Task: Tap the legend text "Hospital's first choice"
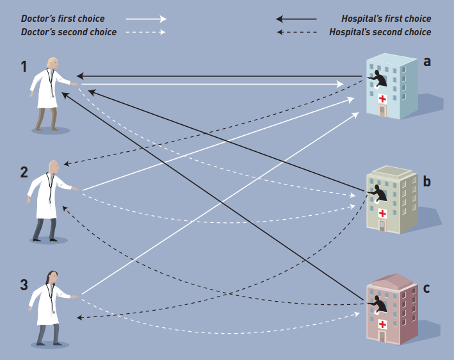pyautogui.click(x=386, y=19)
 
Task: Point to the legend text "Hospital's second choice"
pyautogui.click(x=380, y=31)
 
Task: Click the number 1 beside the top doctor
pyautogui.click(x=24, y=66)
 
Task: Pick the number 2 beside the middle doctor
pyautogui.click(x=24, y=172)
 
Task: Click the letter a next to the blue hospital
pyautogui.click(x=427, y=61)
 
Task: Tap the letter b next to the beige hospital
pyautogui.click(x=426, y=181)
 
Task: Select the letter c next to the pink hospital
pyautogui.click(x=426, y=288)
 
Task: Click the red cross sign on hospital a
pyautogui.click(x=383, y=99)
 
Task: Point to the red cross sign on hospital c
pyautogui.click(x=382, y=324)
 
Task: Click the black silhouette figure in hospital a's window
pyautogui.click(x=378, y=78)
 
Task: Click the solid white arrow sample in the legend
pyautogui.click(x=145, y=19)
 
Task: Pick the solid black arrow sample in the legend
pyautogui.click(x=296, y=19)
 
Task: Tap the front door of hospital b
pyautogui.click(x=382, y=225)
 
